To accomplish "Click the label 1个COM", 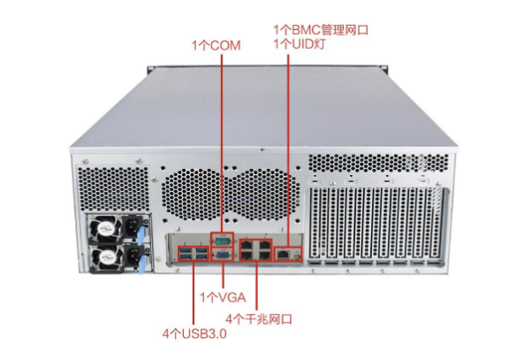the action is (217, 46).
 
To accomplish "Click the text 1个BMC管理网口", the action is (321, 30).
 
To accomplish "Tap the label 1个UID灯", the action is (300, 44).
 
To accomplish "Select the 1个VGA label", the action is (223, 297).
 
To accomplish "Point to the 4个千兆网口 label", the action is (259, 319).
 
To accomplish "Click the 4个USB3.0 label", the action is (194, 333).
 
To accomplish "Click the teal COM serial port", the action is (222, 241).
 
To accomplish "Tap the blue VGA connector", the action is (222, 255).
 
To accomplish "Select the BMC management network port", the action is (282, 253).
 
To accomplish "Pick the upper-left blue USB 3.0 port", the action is (186, 251).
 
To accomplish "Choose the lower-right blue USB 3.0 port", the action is (201, 257).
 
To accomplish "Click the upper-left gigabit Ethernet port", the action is (247, 245).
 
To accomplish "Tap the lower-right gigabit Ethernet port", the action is (264, 255).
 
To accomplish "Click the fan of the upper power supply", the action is (105, 227).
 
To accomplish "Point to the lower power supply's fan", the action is (105, 258).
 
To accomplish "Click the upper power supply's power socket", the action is (131, 226).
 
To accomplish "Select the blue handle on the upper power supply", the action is (141, 234).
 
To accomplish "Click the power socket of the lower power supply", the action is (131, 257).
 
